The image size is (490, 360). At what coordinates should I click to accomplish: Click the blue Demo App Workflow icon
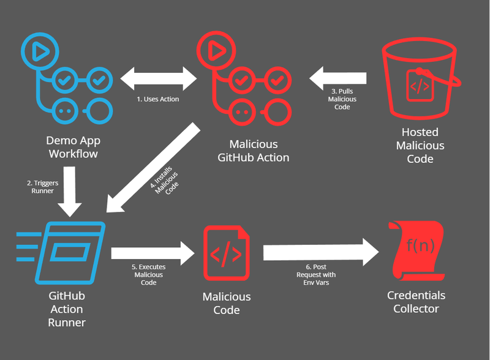67,78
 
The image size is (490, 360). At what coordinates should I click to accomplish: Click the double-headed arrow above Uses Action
158,78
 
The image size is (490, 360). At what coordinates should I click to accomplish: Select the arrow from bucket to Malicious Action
338,78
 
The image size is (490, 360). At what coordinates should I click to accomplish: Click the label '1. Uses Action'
158,99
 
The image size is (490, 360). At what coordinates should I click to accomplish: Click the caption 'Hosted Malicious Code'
420,146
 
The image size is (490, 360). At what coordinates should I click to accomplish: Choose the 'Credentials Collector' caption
417,302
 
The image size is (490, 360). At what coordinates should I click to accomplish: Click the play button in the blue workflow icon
40,52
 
